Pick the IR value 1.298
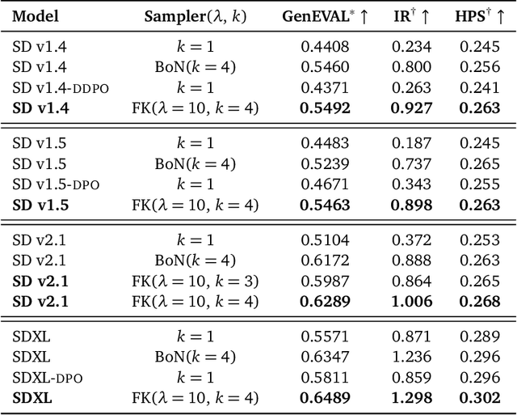coord(412,398)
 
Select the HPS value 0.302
coord(480,398)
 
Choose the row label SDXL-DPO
coord(48,378)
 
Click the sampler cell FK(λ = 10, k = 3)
coord(195,282)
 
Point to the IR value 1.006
coord(412,302)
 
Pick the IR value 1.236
coord(412,358)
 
